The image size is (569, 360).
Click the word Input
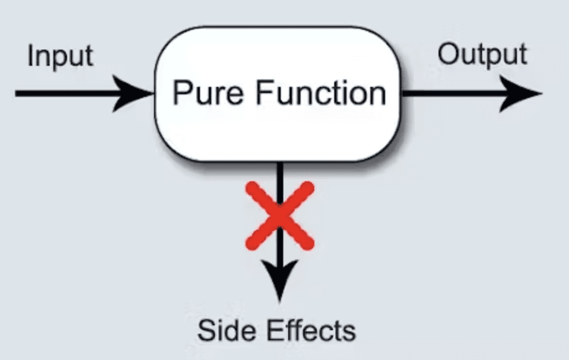point(60,56)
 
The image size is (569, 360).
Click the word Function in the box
point(321,93)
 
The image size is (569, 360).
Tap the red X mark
point(280,215)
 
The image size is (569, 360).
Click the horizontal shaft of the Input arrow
point(68,94)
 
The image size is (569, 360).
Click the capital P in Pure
point(181,93)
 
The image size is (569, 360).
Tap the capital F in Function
point(265,93)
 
